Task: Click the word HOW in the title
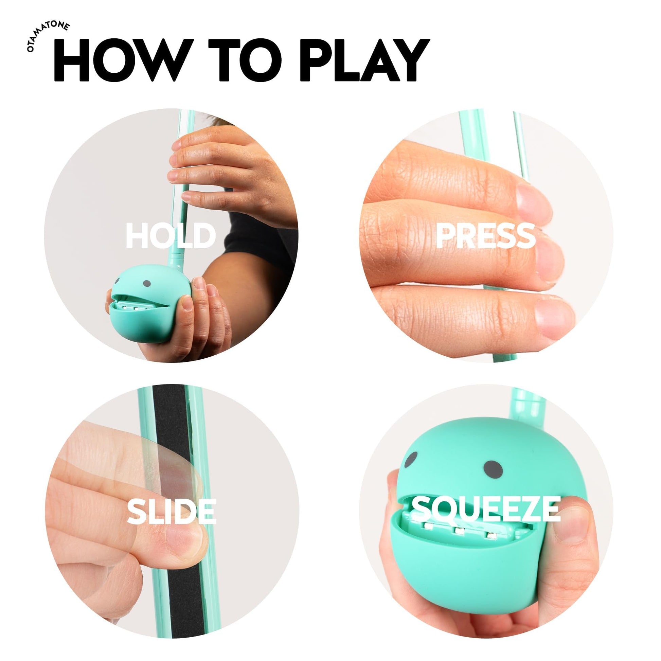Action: [122, 60]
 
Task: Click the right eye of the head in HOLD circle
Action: [147, 283]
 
